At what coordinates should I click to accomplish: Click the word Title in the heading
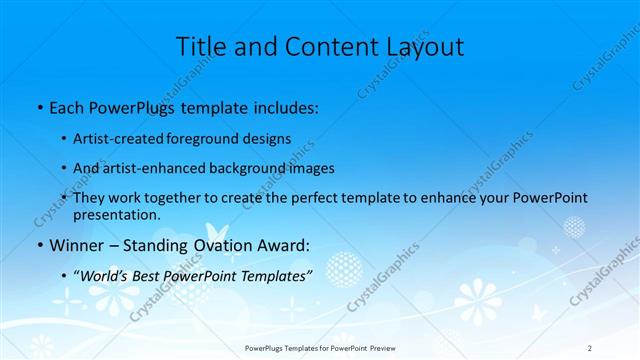(200, 46)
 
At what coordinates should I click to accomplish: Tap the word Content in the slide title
(317, 46)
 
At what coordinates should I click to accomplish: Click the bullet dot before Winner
(38, 244)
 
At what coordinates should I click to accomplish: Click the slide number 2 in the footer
(589, 348)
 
